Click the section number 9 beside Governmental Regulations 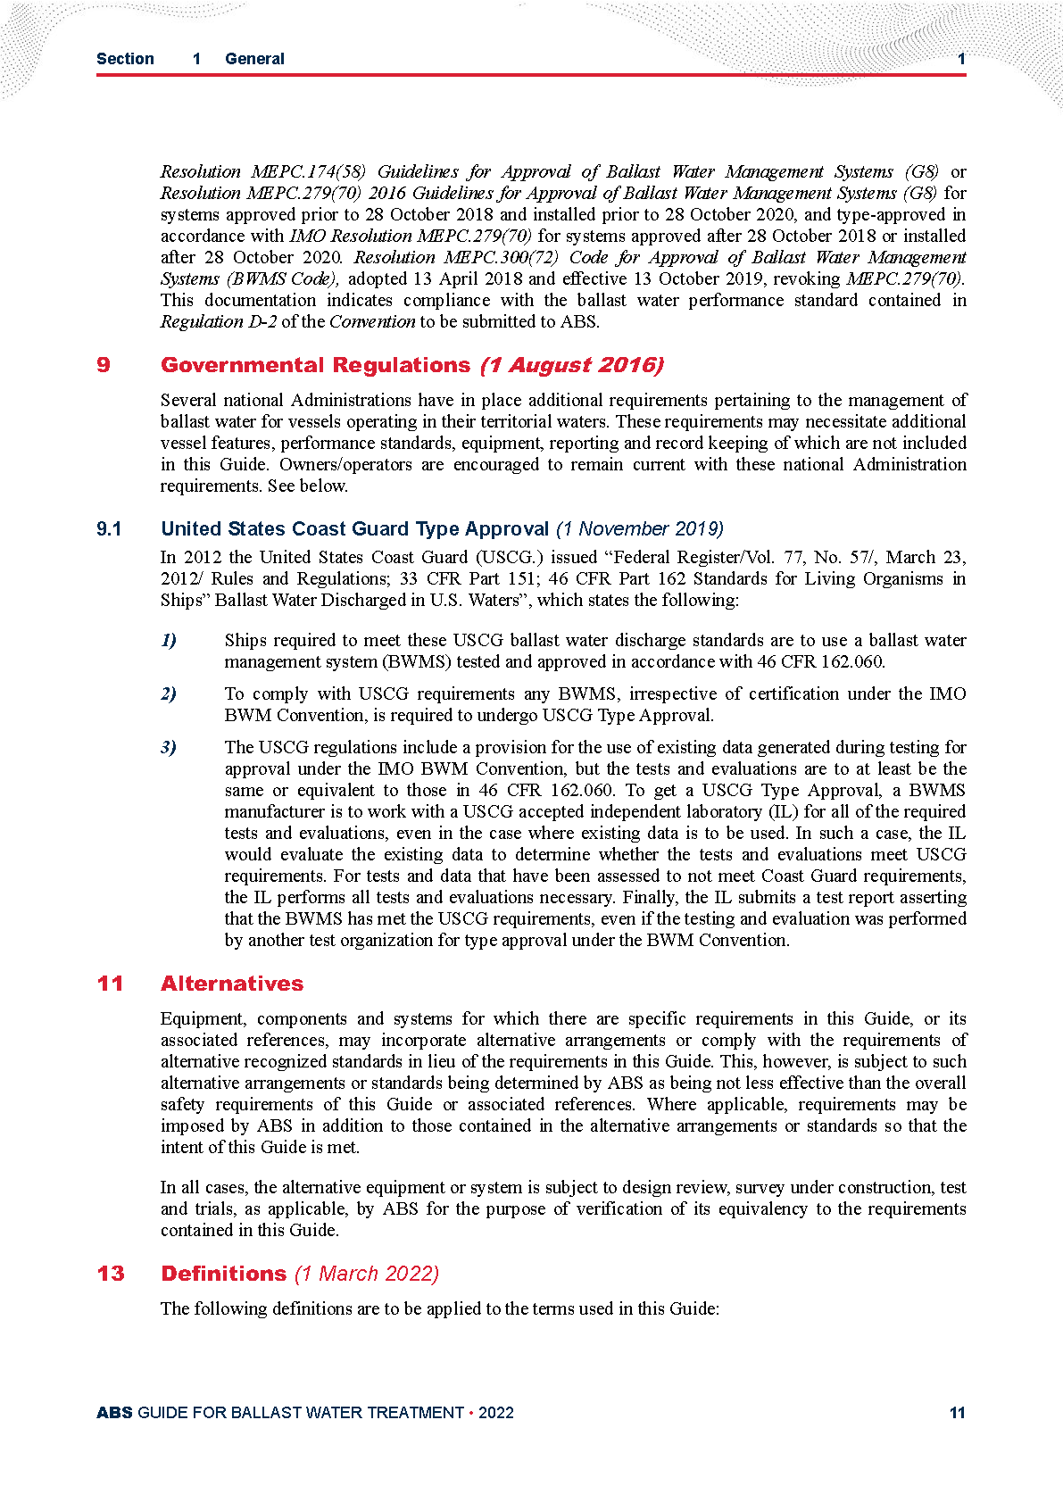pos(104,365)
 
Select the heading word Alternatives pos(232,984)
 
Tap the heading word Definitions pos(223,1274)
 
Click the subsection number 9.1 pos(109,529)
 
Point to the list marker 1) pos(169,640)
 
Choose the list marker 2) pos(169,693)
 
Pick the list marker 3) pos(169,747)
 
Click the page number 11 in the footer pos(957,1413)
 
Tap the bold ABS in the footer pos(114,1413)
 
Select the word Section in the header pos(125,59)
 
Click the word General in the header pos(254,59)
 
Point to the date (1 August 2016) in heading pos(571,365)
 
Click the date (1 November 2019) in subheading pos(639,529)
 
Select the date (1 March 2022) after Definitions pos(367,1274)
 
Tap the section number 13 pos(111,1274)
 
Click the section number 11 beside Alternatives pos(111,984)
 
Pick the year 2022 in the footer pos(496,1413)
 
